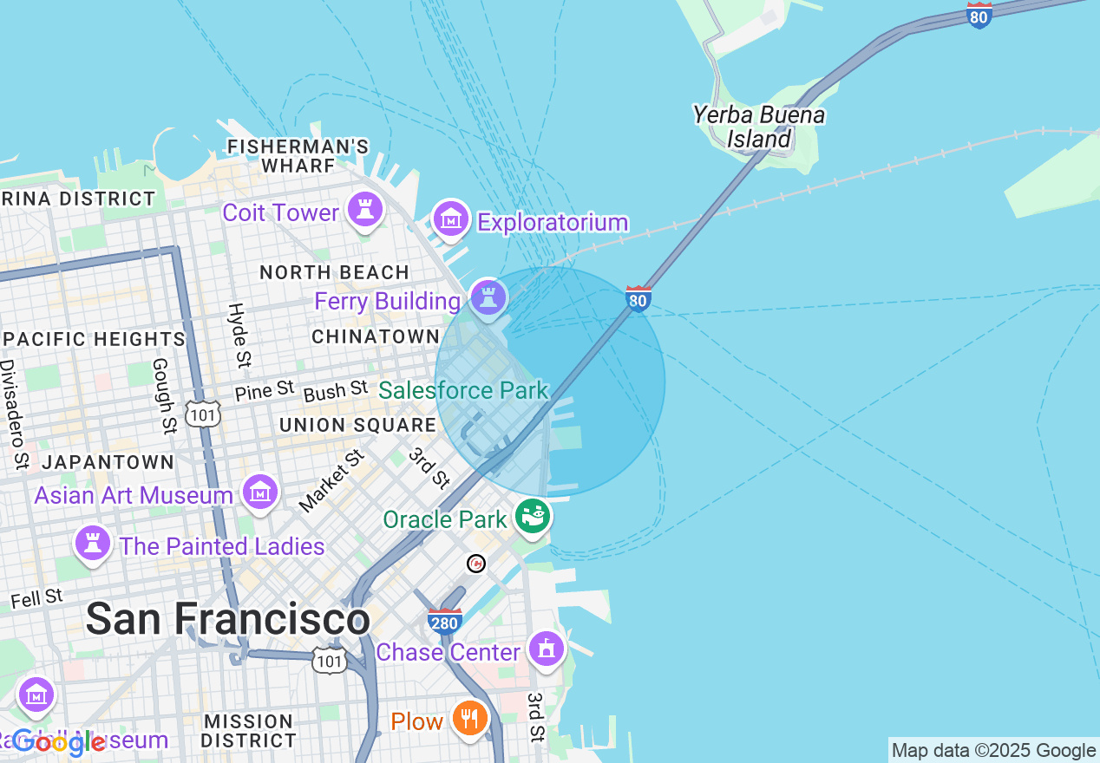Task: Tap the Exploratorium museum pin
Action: click(x=451, y=219)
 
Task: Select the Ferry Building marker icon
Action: click(x=488, y=297)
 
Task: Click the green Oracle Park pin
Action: click(x=532, y=517)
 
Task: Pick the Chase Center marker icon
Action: click(x=547, y=649)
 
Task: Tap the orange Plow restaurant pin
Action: click(x=469, y=718)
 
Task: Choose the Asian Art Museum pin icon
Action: click(x=260, y=492)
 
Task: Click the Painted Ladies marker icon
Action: click(x=92, y=544)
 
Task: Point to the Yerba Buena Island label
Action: click(x=759, y=127)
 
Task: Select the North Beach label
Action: click(x=334, y=272)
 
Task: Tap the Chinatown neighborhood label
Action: click(x=376, y=336)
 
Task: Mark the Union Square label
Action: click(x=357, y=425)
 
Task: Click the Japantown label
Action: click(x=108, y=462)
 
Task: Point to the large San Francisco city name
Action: click(x=228, y=619)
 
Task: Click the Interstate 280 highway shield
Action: click(x=444, y=621)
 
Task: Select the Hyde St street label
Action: click(x=238, y=323)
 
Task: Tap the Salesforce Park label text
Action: click(x=464, y=390)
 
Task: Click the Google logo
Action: click(x=59, y=742)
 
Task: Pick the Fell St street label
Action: click(x=36, y=597)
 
